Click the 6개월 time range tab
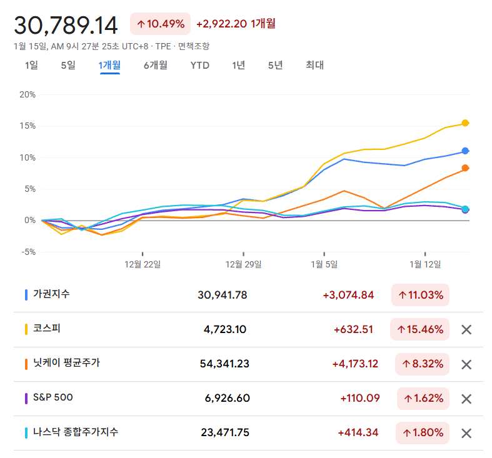click(155, 65)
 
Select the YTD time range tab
click(200, 65)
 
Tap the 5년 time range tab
click(275, 65)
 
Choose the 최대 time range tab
click(314, 65)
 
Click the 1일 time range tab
click(31, 65)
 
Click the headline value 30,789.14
click(66, 26)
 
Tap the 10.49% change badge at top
click(160, 24)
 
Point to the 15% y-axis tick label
click(28, 126)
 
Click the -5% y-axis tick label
click(28, 252)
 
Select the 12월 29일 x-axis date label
click(243, 264)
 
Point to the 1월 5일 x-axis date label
click(324, 264)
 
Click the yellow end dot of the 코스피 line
click(465, 123)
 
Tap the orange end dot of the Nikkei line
click(465, 167)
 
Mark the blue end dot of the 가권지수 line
click(465, 151)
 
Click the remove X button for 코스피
click(466, 330)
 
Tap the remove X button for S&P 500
click(466, 399)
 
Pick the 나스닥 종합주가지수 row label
click(76, 432)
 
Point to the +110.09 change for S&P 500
click(360, 398)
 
